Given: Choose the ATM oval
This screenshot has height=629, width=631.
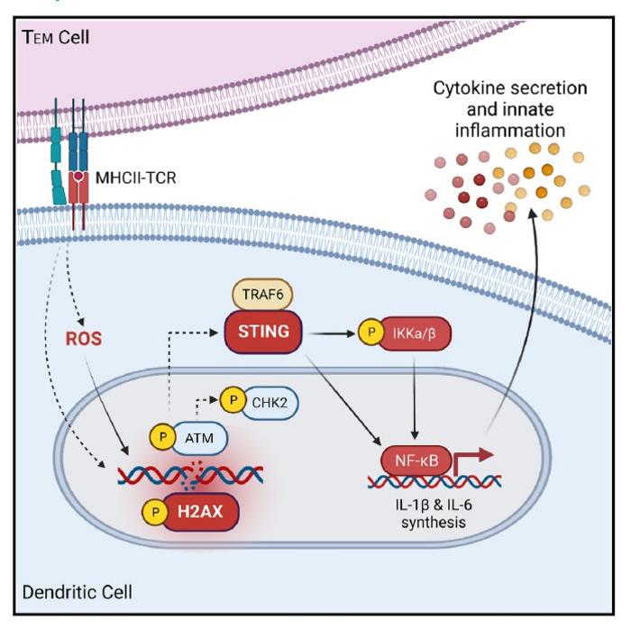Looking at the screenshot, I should click(201, 437).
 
